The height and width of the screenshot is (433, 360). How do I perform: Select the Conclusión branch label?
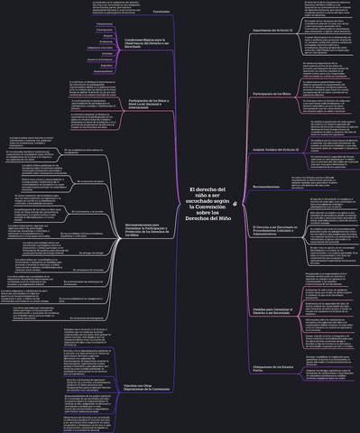[161, 11]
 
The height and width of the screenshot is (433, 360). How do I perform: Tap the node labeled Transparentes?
[79, 23]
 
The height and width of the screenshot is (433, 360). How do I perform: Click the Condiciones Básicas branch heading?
[144, 42]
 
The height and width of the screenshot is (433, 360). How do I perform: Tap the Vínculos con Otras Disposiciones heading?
[146, 389]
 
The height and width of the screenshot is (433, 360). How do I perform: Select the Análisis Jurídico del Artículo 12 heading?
[277, 148]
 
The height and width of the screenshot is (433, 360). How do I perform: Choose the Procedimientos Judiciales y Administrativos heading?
[276, 242]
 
